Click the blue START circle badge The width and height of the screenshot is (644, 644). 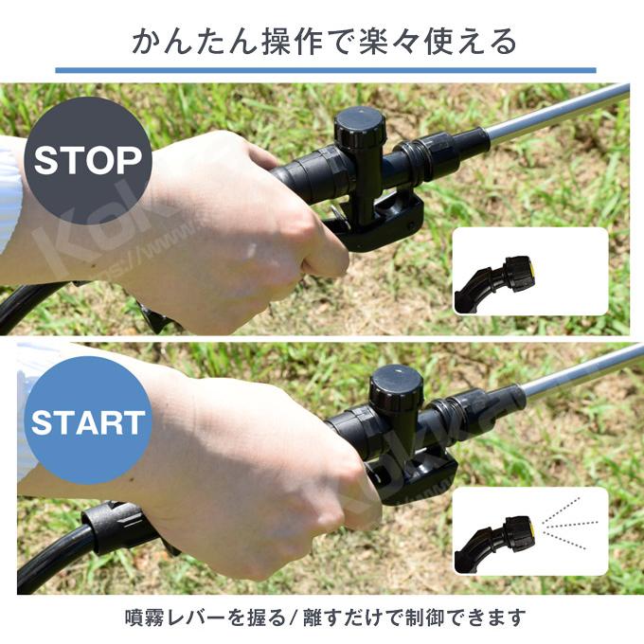click(87, 421)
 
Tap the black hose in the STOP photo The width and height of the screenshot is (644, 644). click(28, 303)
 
